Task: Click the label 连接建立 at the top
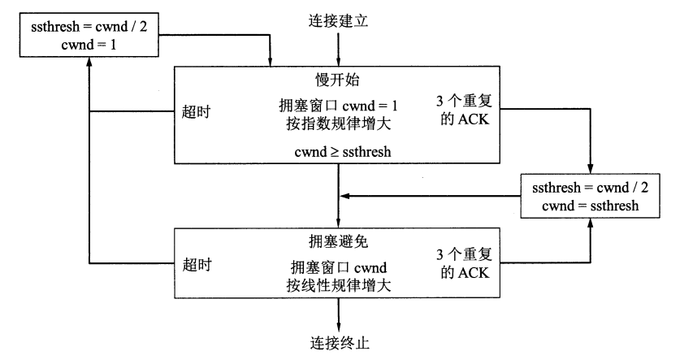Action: point(338,21)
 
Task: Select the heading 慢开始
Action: point(338,80)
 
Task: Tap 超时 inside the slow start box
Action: point(197,111)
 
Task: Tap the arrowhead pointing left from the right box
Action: point(345,195)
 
